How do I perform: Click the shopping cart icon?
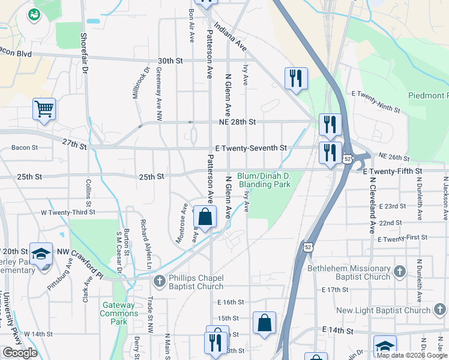44,110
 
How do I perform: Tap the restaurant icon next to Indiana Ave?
296,79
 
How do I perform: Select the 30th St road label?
170,61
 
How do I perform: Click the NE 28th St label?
236,122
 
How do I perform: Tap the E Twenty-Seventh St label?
251,148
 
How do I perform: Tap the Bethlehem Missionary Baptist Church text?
349,272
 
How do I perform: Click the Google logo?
20,353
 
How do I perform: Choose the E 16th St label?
231,302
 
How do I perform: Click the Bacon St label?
25,147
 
